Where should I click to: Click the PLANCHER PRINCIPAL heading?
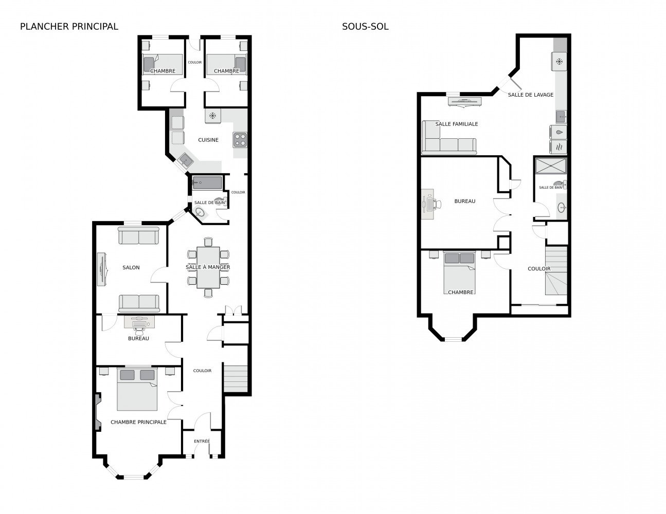point(69,27)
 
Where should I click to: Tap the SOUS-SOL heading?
point(365,27)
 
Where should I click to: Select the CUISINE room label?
point(208,140)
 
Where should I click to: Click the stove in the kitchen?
point(240,139)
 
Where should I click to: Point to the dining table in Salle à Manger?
point(208,267)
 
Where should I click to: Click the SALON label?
point(131,267)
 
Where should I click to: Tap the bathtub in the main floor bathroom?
point(207,183)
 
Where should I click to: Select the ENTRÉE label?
point(202,441)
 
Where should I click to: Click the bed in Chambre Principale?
point(137,389)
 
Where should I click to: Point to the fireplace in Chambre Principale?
point(98,412)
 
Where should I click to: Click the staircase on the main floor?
point(236,379)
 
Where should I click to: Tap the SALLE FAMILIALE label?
point(456,124)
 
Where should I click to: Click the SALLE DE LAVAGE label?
point(531,95)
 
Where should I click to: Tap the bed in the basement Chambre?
point(459,272)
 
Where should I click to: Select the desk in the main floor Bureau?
point(139,322)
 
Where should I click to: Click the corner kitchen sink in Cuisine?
point(185,160)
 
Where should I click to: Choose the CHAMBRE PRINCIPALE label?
point(138,422)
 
